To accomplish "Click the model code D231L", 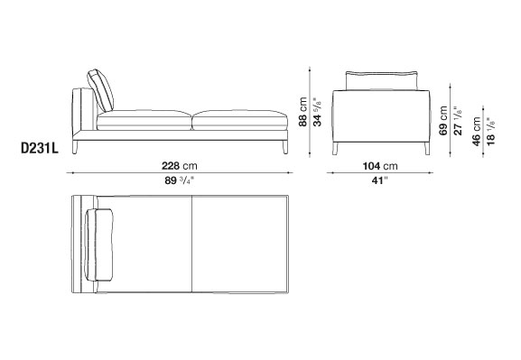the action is pos(40,149).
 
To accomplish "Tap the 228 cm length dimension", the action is pos(179,165).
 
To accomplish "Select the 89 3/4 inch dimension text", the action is pos(180,180).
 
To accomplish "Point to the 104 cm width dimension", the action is pos(380,166).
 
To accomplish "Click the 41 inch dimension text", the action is pos(380,180).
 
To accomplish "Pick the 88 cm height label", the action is pos(302,112).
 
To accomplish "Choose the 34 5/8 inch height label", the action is pos(317,112).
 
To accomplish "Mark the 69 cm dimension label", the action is pos(443,121).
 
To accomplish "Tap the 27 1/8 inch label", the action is pos(458,121).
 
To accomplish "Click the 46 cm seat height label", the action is pos(476,131).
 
